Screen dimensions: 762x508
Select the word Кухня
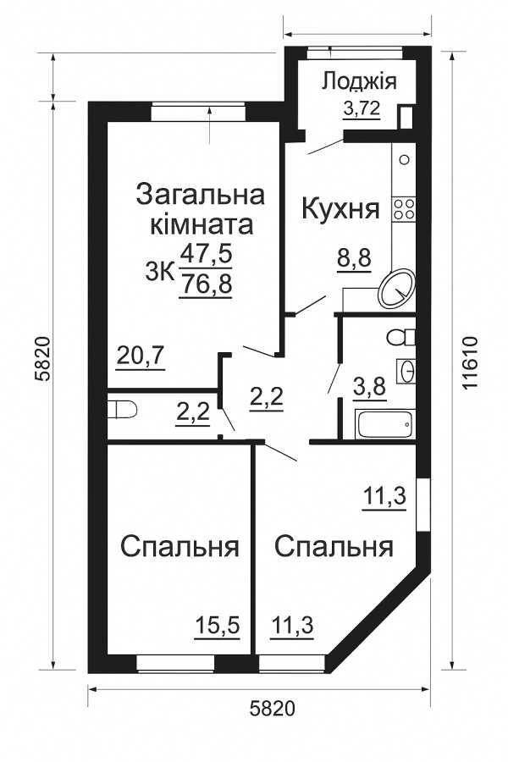tap(340, 208)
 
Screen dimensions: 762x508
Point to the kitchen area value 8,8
tap(354, 259)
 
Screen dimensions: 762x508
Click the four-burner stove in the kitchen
tap(403, 209)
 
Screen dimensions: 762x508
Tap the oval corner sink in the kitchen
tap(396, 288)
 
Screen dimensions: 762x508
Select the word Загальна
tap(200, 194)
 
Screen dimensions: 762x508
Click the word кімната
tap(201, 225)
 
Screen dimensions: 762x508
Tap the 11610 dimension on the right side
tap(470, 363)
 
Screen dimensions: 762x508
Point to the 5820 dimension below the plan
tap(273, 707)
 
